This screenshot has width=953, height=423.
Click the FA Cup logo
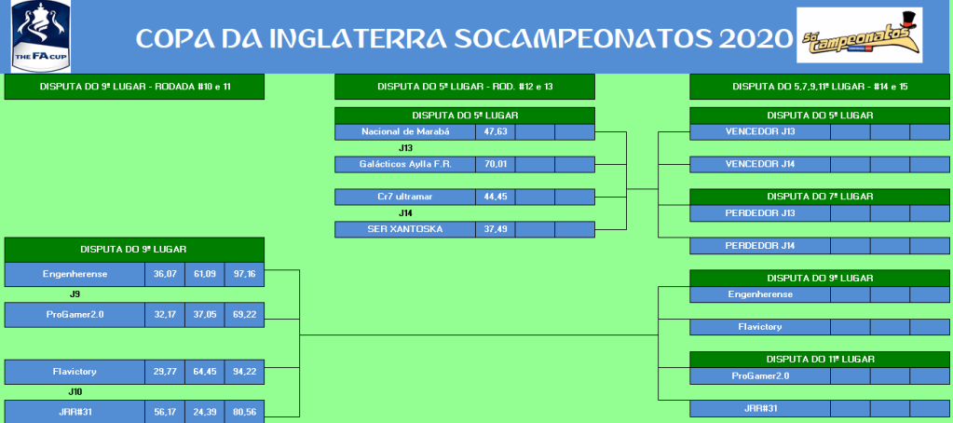[x=41, y=36]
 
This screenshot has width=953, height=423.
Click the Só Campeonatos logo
[x=860, y=35]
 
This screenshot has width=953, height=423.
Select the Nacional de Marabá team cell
[x=405, y=132]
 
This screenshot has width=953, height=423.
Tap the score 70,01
[x=496, y=164]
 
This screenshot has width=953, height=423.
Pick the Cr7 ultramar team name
[x=405, y=197]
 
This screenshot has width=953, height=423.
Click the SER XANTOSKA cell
[x=405, y=229]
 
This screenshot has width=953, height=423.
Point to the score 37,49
[x=496, y=229]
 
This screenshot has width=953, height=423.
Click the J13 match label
[x=405, y=148]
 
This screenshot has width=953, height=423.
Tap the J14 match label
[x=405, y=213]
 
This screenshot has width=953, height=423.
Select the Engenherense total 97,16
[x=244, y=274]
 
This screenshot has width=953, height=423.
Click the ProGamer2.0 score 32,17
[x=165, y=315]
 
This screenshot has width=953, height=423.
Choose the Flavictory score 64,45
[x=205, y=372]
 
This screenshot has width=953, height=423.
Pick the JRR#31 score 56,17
[x=165, y=412]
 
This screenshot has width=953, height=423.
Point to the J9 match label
[x=75, y=294]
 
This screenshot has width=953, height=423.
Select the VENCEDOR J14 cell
[x=760, y=164]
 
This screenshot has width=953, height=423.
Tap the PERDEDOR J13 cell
[x=760, y=213]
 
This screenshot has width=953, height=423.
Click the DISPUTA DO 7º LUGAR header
[x=820, y=197]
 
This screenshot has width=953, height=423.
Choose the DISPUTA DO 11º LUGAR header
[x=820, y=360]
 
